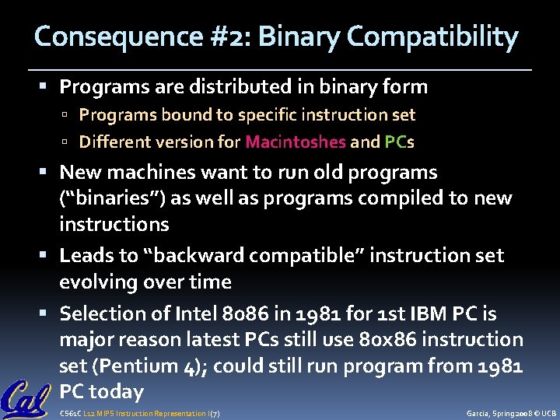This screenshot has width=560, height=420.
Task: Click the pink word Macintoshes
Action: [295, 142]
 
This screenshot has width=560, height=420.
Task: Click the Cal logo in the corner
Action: [26, 397]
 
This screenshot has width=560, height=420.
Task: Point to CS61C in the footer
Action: [69, 414]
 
